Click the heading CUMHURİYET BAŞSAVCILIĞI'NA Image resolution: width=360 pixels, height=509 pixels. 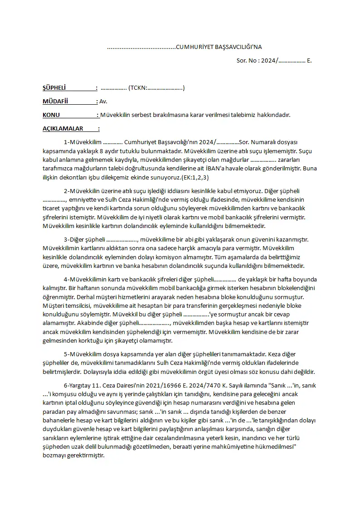(x=219, y=47)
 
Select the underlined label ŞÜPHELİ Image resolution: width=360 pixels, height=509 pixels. (x=54, y=88)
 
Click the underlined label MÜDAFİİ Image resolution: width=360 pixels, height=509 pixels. (x=55, y=102)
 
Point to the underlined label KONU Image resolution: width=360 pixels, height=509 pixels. (x=51, y=115)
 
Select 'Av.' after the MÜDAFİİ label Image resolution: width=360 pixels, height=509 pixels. (x=103, y=102)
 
